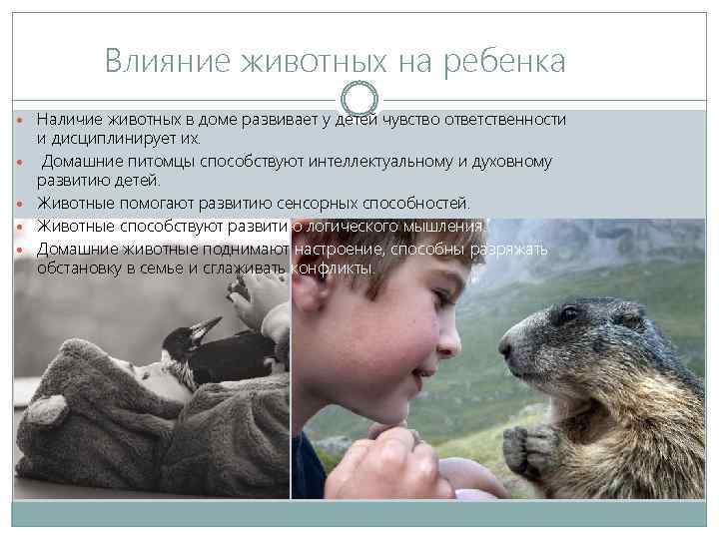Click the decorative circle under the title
point(359,98)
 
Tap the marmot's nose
point(506,349)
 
